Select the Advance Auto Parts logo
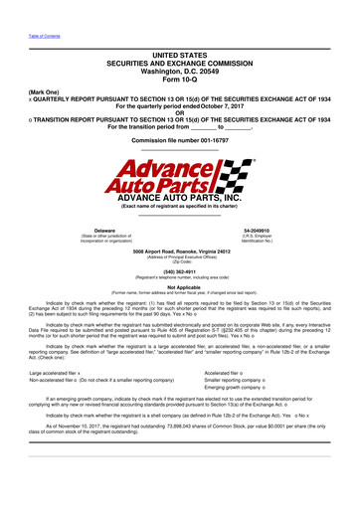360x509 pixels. [179, 176]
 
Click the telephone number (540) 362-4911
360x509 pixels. [179, 269]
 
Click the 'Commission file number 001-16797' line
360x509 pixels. [179, 141]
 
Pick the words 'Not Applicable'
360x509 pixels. [179, 286]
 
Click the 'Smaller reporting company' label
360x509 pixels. [250, 380]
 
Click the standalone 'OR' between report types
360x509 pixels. [179, 111]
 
